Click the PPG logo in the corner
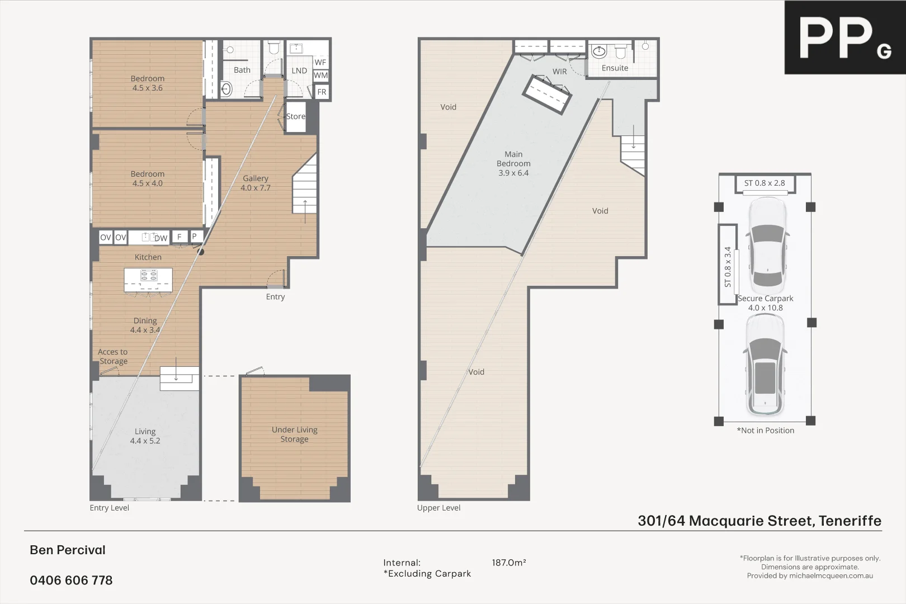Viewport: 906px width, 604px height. click(844, 37)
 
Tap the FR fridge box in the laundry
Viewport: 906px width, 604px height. click(322, 92)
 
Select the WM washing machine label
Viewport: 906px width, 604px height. click(320, 75)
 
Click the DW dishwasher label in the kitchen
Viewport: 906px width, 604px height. click(161, 238)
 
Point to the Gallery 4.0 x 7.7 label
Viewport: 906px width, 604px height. click(256, 183)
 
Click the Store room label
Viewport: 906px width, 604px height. click(296, 116)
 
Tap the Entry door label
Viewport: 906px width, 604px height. click(275, 297)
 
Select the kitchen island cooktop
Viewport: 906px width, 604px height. click(149, 275)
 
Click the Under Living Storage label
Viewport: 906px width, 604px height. click(294, 435)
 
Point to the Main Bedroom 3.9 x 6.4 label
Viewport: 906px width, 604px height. click(513, 163)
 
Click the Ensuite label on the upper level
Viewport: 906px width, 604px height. click(615, 68)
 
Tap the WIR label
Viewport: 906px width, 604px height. click(560, 72)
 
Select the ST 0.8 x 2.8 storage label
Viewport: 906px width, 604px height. click(764, 183)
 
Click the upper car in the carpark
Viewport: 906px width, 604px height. click(767, 244)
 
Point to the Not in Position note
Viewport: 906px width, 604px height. click(765, 431)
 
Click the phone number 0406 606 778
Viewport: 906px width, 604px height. click(71, 581)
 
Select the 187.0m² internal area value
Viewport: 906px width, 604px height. click(508, 563)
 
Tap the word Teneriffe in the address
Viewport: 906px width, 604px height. click(850, 521)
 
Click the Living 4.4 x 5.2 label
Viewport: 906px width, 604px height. click(145, 436)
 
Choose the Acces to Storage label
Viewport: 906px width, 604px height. click(113, 357)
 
